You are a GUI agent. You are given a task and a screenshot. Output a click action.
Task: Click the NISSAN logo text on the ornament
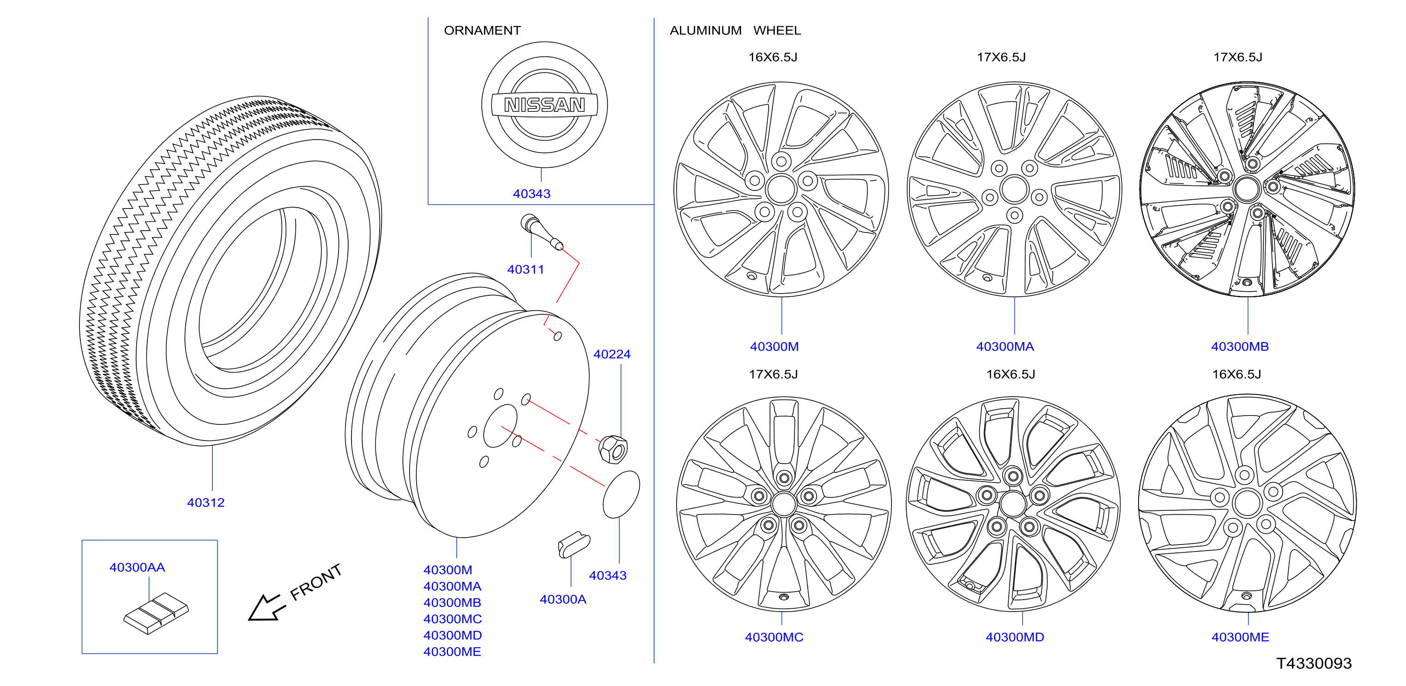click(x=544, y=104)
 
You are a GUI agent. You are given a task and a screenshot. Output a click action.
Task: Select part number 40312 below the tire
click(x=206, y=502)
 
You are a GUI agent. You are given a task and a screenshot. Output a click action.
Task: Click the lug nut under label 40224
click(x=613, y=449)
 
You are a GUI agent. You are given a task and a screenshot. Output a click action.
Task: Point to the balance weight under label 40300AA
click(x=156, y=613)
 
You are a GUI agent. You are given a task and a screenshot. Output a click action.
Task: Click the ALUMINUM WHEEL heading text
click(x=735, y=31)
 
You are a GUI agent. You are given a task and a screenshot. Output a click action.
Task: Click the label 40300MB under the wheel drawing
click(x=1240, y=346)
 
